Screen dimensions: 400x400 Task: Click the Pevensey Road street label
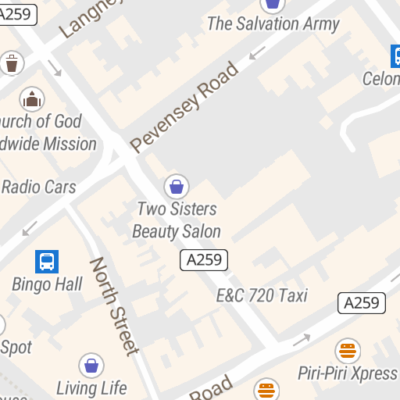184,107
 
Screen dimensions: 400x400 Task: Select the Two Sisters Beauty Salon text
177,220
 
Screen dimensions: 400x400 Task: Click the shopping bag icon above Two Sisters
177,186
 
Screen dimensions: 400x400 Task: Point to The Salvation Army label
273,23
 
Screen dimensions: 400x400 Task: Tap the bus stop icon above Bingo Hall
47,262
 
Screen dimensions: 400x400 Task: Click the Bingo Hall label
47,284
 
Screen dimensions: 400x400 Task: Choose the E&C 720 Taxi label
262,295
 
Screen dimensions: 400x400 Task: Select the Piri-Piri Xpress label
348,373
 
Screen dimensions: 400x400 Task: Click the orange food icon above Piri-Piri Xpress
348,350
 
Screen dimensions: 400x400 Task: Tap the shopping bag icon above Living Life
91,365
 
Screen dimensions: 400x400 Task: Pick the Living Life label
91,387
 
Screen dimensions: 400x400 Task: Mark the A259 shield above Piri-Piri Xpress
362,303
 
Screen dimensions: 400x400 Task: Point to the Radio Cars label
38,187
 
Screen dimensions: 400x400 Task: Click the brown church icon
32,98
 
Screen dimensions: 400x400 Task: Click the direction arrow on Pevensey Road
257,53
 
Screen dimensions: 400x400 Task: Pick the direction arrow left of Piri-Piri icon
302,340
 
